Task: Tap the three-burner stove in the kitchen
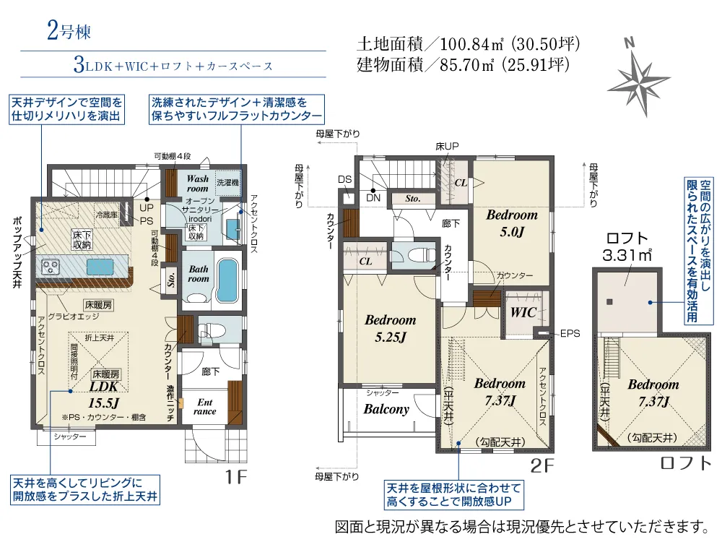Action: point(51,267)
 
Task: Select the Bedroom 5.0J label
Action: point(512,223)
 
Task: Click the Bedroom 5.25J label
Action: point(390,328)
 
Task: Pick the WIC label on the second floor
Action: point(523,312)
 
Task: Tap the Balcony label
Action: point(386,409)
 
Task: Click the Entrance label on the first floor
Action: point(205,406)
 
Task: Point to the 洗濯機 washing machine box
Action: point(228,183)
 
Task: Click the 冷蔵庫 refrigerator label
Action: point(107,215)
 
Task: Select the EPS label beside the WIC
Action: point(570,333)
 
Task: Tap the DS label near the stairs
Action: point(344,179)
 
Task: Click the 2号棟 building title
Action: point(69,31)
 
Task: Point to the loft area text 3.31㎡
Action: point(627,254)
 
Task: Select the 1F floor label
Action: point(236,476)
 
